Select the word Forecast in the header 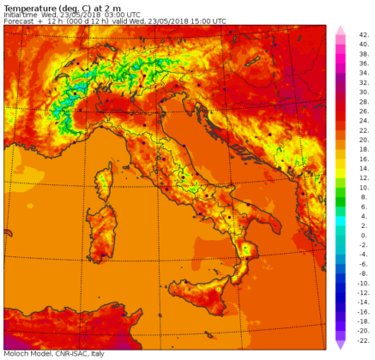pos(21,21)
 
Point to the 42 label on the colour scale pos(363,34)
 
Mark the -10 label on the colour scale pos(363,282)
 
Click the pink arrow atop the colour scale pos(340,28)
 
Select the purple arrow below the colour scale pos(340,345)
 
